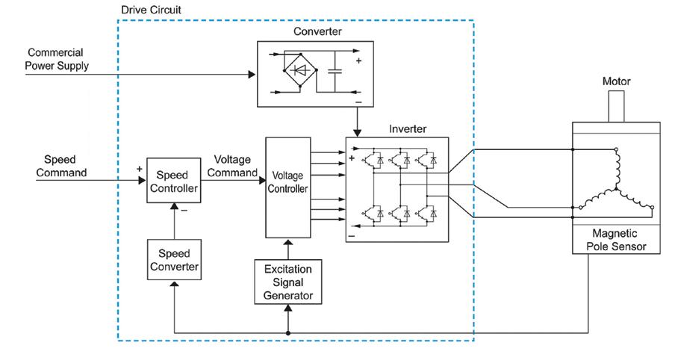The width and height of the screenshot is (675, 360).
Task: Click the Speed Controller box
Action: click(x=173, y=180)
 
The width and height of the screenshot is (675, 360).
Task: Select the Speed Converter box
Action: click(x=173, y=259)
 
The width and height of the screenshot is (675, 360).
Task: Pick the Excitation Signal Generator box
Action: click(x=288, y=282)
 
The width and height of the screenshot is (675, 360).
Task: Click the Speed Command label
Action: click(x=60, y=166)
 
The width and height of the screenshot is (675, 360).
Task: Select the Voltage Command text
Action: click(x=232, y=166)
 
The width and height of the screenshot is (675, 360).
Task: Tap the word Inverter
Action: click(x=407, y=128)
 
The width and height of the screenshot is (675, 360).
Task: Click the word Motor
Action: click(x=616, y=81)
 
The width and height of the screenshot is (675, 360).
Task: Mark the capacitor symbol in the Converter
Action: click(x=335, y=72)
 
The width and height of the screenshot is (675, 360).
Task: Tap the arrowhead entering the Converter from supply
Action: click(x=251, y=74)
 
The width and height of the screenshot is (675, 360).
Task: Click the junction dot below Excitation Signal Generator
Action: click(x=288, y=332)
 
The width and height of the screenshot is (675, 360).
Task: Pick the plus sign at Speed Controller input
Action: click(x=138, y=169)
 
